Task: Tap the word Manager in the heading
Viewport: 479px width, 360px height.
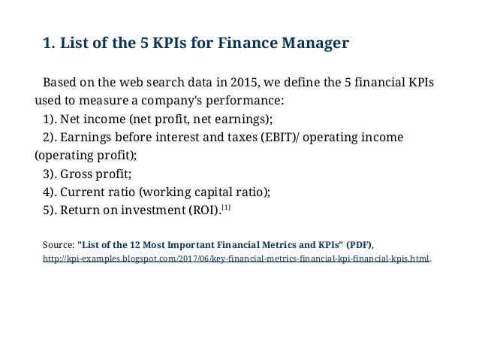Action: pos(315,44)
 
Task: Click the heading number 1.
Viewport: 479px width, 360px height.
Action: pos(48,44)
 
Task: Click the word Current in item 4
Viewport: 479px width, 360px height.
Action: pos(85,192)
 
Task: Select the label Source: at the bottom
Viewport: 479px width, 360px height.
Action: pos(59,245)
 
